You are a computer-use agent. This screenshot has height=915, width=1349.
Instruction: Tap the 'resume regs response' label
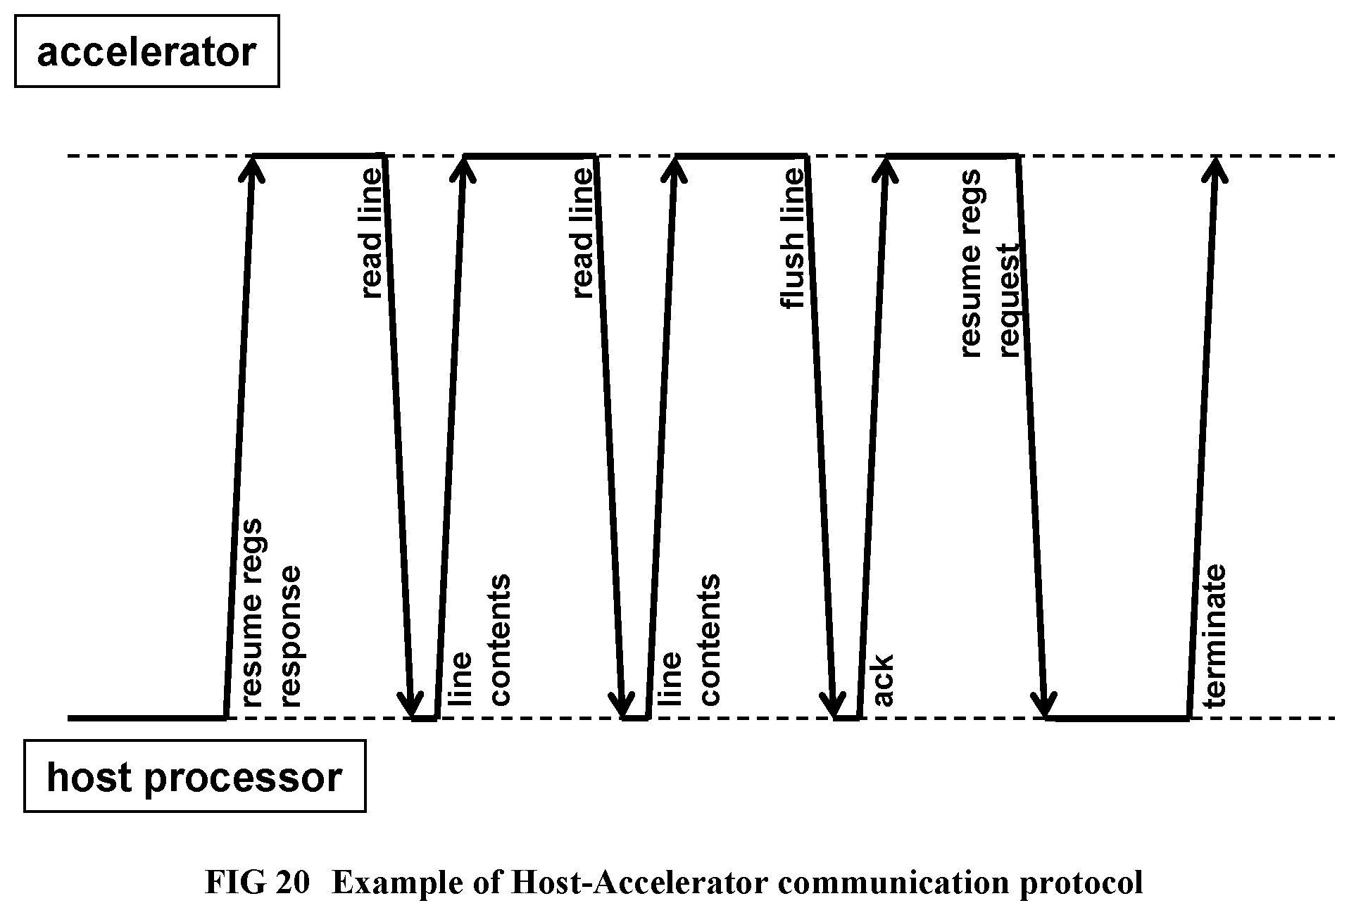pyautogui.click(x=270, y=613)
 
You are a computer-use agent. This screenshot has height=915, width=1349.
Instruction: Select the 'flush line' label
pyautogui.click(x=792, y=239)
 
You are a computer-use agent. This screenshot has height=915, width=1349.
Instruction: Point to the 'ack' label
pyautogui.click(x=882, y=679)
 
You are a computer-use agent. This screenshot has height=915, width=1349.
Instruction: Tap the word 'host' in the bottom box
pyautogui.click(x=89, y=776)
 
